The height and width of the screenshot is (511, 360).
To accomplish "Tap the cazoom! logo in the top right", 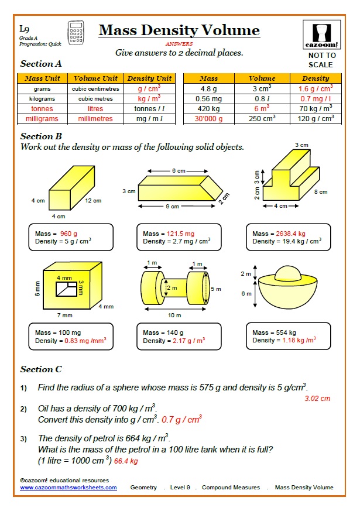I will [321, 35].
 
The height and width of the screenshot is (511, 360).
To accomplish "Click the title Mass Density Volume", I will [179, 30].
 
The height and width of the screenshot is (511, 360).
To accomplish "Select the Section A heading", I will [41, 64].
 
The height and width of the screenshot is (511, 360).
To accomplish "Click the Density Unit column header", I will [149, 78].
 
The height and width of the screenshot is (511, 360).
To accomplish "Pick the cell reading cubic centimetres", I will [95, 89].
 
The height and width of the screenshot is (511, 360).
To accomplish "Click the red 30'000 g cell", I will [209, 118].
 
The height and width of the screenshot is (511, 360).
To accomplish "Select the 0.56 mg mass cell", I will [209, 99].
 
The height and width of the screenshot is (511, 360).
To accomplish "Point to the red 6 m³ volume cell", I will [262, 108].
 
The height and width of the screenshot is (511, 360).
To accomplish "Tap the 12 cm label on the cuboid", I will [93, 201].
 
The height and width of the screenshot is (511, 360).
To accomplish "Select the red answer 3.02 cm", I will [317, 398].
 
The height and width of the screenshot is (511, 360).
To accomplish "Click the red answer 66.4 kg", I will [126, 461].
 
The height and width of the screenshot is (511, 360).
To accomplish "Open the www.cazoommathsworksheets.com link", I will [68, 487].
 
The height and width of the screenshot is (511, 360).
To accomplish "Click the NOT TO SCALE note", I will [321, 60].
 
